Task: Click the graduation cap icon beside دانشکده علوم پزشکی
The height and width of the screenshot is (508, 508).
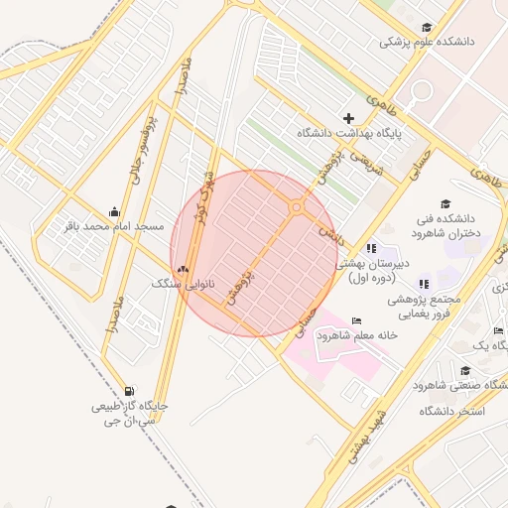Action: click(x=427, y=28)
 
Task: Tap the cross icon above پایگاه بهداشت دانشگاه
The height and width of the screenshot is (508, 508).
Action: click(x=348, y=118)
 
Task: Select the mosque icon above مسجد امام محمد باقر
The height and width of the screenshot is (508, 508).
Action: click(x=114, y=211)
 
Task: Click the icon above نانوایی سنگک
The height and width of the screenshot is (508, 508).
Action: click(x=182, y=268)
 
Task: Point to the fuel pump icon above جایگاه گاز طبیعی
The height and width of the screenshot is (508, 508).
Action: click(x=130, y=391)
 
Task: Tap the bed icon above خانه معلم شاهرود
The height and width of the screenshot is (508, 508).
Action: click(x=356, y=320)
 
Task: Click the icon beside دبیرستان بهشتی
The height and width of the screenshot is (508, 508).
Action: click(x=371, y=248)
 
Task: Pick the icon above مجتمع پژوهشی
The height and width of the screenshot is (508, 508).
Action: click(x=424, y=285)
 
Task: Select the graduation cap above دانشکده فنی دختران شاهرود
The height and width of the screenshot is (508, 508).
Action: click(x=444, y=204)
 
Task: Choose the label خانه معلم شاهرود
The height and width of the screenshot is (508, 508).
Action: click(x=356, y=335)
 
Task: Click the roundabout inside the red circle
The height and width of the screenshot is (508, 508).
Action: click(x=296, y=207)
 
